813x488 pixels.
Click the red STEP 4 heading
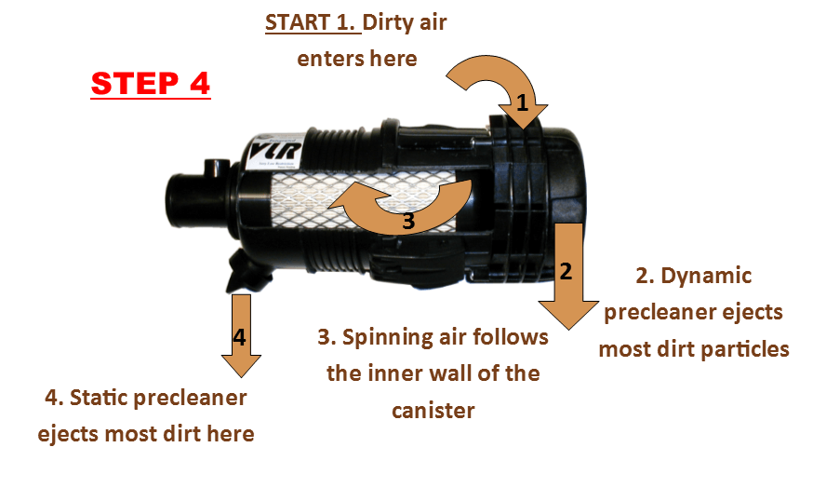pyautogui.click(x=151, y=84)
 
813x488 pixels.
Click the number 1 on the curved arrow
pyautogui.click(x=522, y=104)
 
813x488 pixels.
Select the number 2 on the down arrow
pyautogui.click(x=566, y=271)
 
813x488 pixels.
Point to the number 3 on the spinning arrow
pyautogui.click(x=407, y=222)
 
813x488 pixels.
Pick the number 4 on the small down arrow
pyautogui.click(x=239, y=337)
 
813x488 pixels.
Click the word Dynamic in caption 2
pyautogui.click(x=708, y=276)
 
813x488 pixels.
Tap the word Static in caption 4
pyautogui.click(x=112, y=398)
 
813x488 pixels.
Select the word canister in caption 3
pyautogui.click(x=433, y=410)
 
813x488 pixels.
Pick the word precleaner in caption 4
pyautogui.click(x=195, y=398)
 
